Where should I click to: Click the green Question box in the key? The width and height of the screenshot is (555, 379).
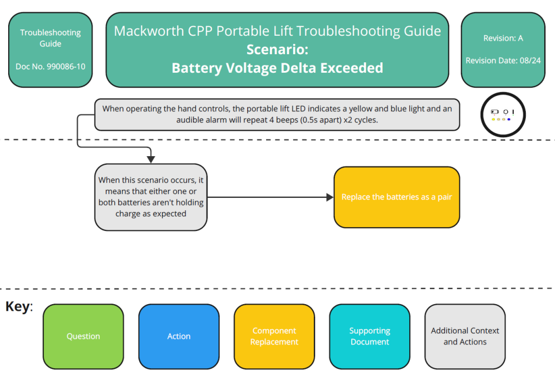coord(83,336)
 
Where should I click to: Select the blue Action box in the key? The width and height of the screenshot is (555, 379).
coord(179,336)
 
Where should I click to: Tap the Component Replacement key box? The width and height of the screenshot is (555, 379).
coord(274,336)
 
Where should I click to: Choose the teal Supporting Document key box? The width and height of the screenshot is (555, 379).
coord(370,336)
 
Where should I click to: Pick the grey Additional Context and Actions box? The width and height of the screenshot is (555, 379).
coord(465,336)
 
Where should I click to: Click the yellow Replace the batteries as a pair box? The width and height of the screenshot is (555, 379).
coord(397,197)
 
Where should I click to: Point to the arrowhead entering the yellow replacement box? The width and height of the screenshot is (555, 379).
coord(330,197)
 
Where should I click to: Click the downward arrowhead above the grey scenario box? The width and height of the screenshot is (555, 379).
coord(151,159)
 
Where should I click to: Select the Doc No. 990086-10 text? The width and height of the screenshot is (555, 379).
coord(50,67)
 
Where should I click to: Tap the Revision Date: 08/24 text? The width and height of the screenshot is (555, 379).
coord(503,60)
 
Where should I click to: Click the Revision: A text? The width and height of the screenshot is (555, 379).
coord(503,38)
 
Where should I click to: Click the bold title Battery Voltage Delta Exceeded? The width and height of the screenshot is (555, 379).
coord(277,68)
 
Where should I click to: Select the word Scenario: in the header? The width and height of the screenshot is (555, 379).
coord(277,49)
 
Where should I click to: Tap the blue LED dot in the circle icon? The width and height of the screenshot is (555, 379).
coord(509,119)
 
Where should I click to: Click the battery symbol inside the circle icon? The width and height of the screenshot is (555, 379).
coord(494,112)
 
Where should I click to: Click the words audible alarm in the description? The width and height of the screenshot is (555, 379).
coord(201,120)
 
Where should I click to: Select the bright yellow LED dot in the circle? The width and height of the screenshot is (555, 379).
coord(493,119)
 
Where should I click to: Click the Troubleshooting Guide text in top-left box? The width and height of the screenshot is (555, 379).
coord(50,38)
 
